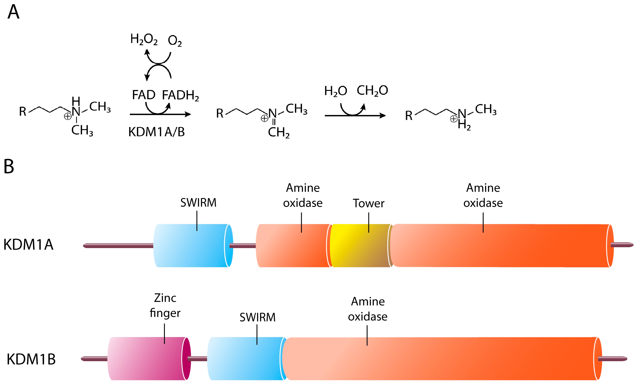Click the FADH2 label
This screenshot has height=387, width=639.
181,95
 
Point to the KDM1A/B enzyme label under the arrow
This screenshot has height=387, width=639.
156,132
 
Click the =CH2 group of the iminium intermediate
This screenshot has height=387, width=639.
279,132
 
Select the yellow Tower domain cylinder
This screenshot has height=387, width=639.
360,245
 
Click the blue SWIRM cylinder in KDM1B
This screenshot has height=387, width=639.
245,358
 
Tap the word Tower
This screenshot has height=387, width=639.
369,203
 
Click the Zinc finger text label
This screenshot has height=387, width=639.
165,305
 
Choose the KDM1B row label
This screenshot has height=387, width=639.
31,359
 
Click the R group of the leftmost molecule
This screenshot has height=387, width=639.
23,112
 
